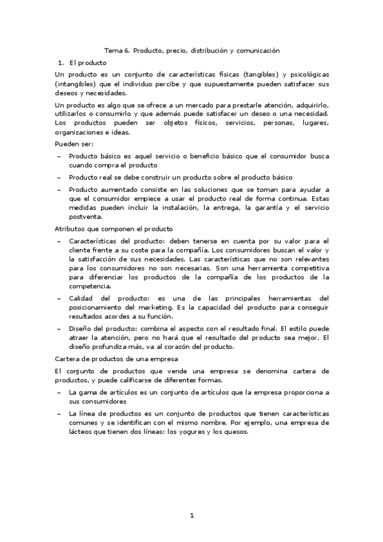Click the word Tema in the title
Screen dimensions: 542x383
[x=113, y=50]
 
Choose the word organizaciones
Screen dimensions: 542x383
[x=81, y=132]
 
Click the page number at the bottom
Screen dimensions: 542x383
[x=191, y=516]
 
